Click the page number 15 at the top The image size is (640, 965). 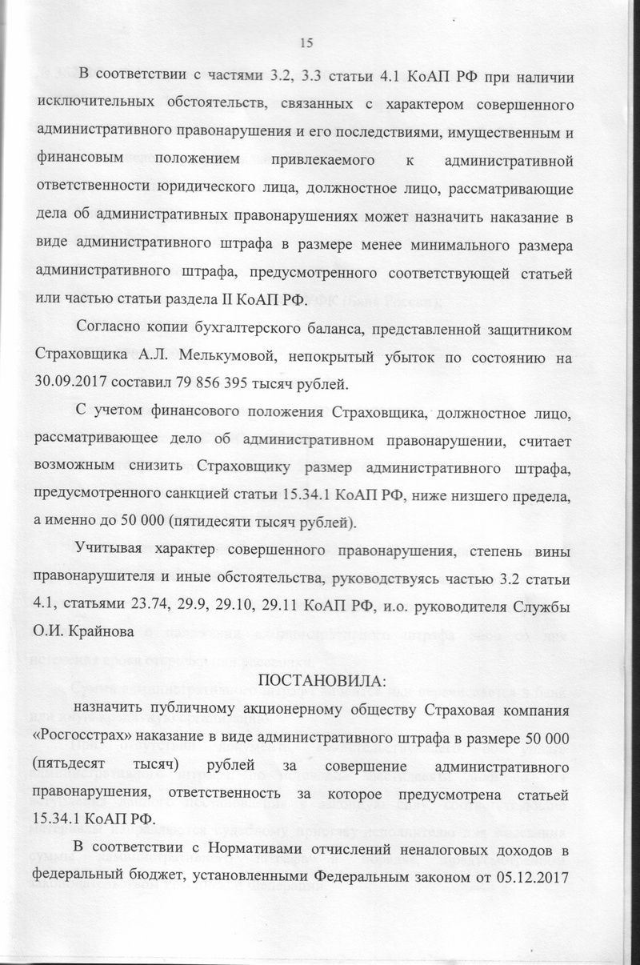coord(304,43)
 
